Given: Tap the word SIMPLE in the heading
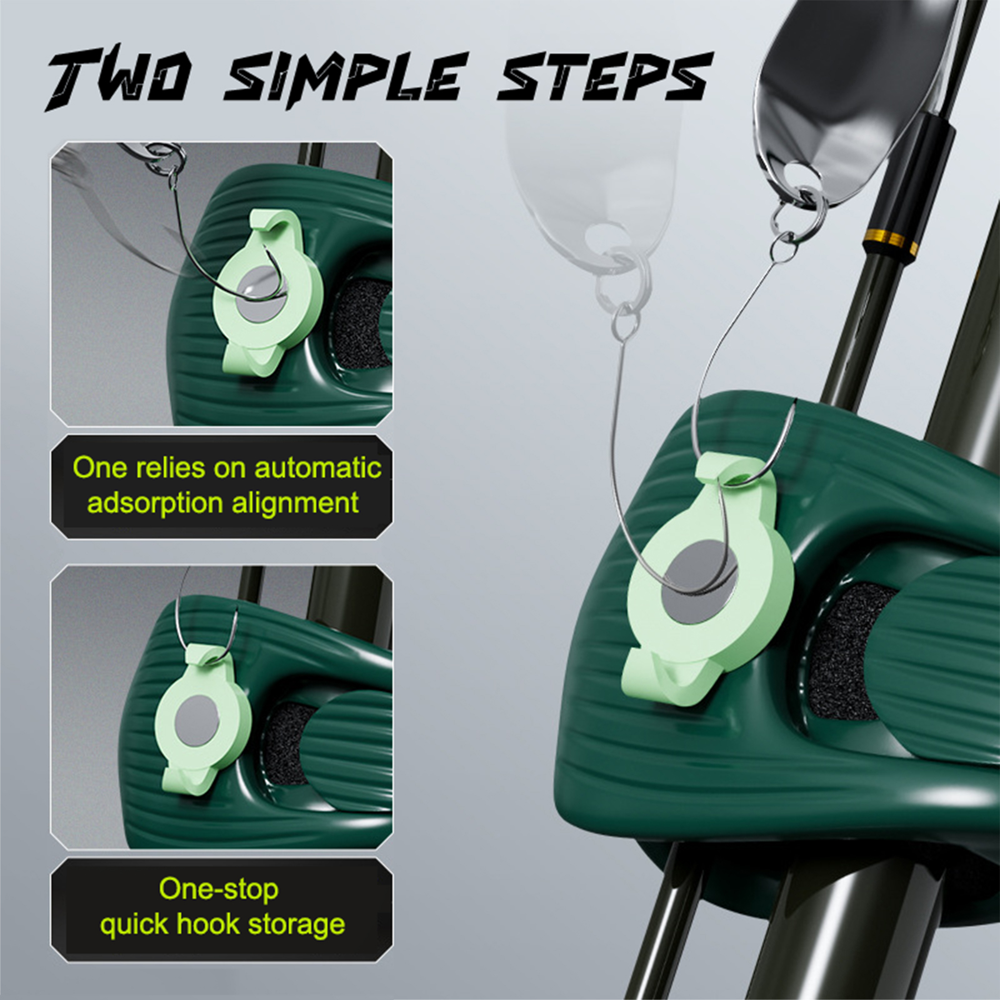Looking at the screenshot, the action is (347, 78).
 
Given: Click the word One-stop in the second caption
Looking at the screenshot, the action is (219, 889).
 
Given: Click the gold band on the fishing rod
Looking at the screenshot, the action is (891, 241).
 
